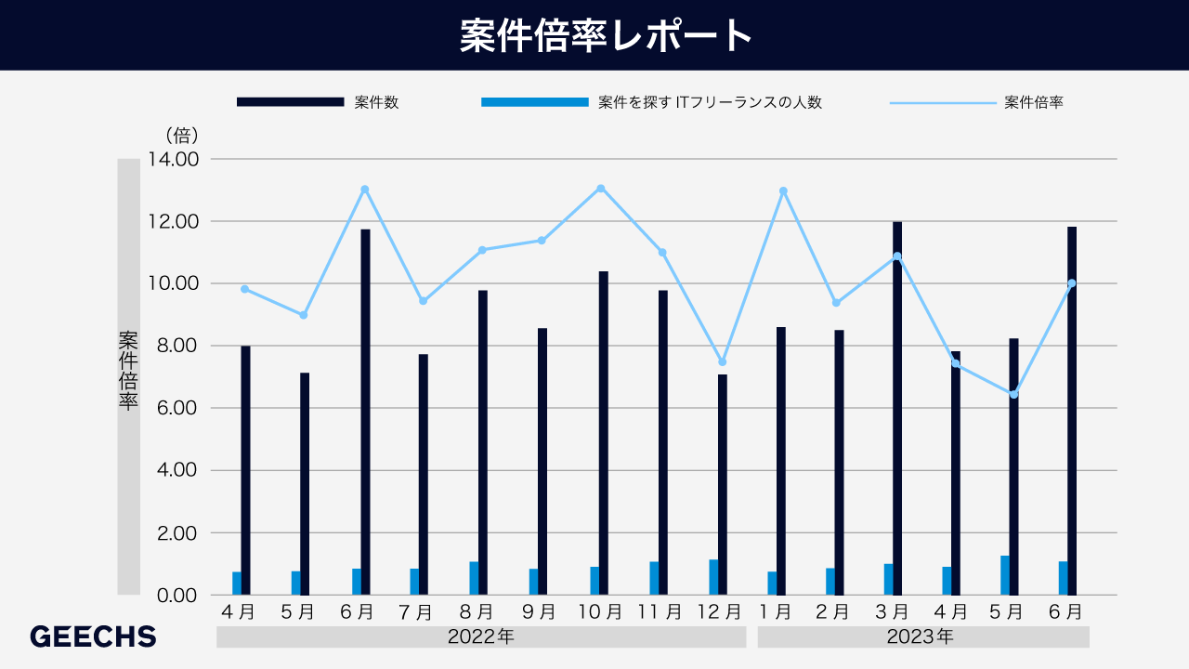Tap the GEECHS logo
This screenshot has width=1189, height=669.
93,636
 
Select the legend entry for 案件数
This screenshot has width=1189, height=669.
376,102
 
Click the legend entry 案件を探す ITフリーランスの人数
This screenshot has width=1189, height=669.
710,102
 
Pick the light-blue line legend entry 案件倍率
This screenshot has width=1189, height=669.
1033,102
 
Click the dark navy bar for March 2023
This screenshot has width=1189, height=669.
897,408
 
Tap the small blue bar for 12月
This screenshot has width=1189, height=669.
713,577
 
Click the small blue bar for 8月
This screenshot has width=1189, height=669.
474,578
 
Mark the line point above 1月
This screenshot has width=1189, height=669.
783,191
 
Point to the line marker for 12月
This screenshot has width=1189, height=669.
722,362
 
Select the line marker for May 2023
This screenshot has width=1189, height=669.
1013,395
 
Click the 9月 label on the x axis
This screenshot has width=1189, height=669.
539,612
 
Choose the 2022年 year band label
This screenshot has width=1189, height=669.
480,637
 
